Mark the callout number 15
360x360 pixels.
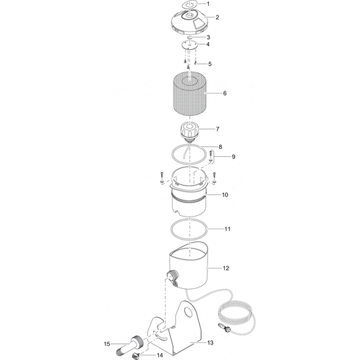[x=107, y=344]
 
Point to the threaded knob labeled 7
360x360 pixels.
[x=188, y=130]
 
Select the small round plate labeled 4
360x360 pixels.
[x=188, y=44]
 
